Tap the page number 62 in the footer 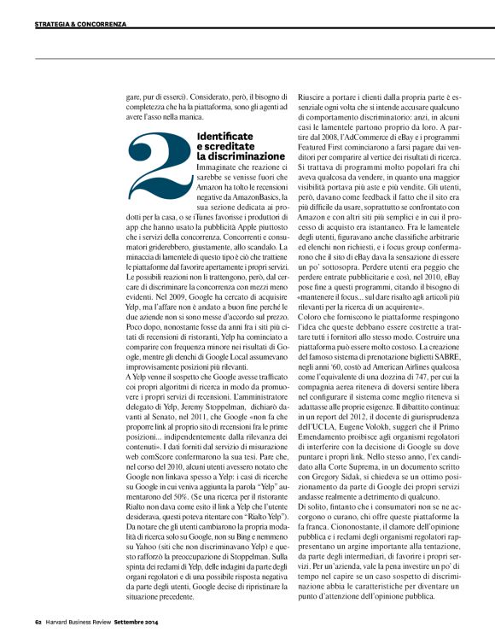(38, 633)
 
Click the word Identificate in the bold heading (224, 137)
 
